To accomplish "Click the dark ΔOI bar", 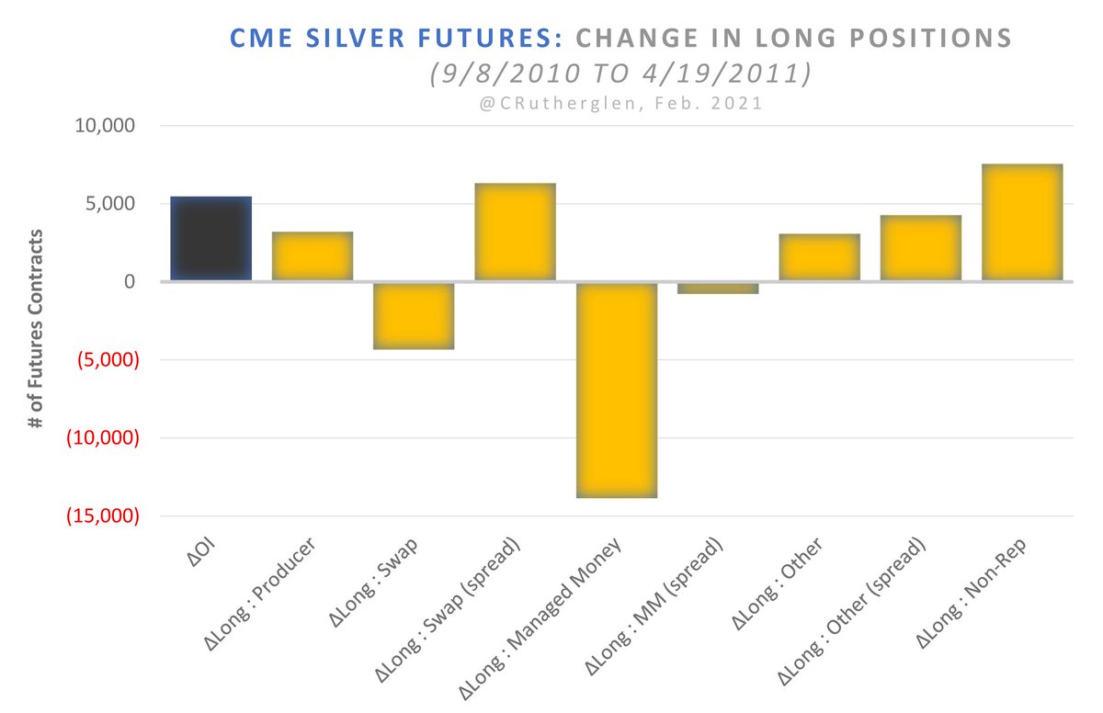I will pos(211,239).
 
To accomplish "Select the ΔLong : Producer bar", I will pos(313,256).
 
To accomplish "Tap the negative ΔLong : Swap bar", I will pos(414,315).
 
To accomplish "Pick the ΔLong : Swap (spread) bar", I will pos(515,232).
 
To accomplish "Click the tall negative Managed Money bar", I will pos(617,390).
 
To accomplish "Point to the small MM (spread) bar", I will pos(718,288).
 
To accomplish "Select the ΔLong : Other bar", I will pos(819,257).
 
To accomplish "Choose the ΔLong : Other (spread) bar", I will pos(920,248).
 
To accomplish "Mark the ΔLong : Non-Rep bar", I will pos(1022,222).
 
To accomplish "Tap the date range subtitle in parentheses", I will pos(620,74).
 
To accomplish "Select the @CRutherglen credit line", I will pos(620,104).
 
